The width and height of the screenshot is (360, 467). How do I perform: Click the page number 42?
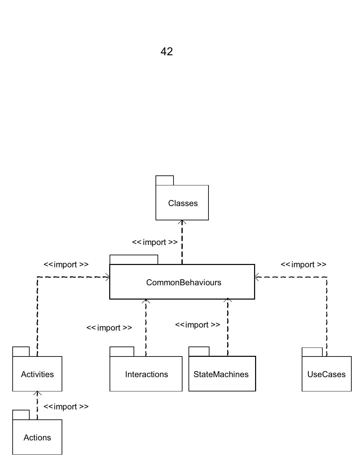pos(167,52)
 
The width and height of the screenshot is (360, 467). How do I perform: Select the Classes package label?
pos(183,203)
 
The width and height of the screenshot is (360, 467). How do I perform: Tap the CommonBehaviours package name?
pos(183,282)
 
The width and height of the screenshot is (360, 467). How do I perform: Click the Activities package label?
pos(37,374)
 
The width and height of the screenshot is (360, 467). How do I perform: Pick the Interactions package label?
pos(146,374)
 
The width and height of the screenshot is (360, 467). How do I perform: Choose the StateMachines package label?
pos(221,374)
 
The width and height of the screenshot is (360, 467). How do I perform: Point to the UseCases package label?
pos(326,374)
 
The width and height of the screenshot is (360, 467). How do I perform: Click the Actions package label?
pos(37,437)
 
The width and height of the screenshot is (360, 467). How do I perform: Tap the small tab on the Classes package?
pos(165,180)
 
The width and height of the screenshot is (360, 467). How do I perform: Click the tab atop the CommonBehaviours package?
pos(134,259)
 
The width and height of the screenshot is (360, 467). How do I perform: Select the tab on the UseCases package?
pos(312,352)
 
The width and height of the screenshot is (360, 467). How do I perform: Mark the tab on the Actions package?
pos(21,415)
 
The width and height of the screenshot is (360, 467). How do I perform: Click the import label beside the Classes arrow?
pos(155,242)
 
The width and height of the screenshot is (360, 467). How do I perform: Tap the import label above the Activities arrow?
pos(66,264)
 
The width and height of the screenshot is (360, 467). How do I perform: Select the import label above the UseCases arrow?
pos(303,264)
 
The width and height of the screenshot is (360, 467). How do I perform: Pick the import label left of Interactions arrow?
pos(109,328)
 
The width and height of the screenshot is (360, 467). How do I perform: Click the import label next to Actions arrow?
pos(66,406)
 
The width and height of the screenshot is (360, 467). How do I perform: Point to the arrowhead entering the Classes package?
pos(182,222)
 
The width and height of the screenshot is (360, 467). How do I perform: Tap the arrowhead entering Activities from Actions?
pos(37,393)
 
